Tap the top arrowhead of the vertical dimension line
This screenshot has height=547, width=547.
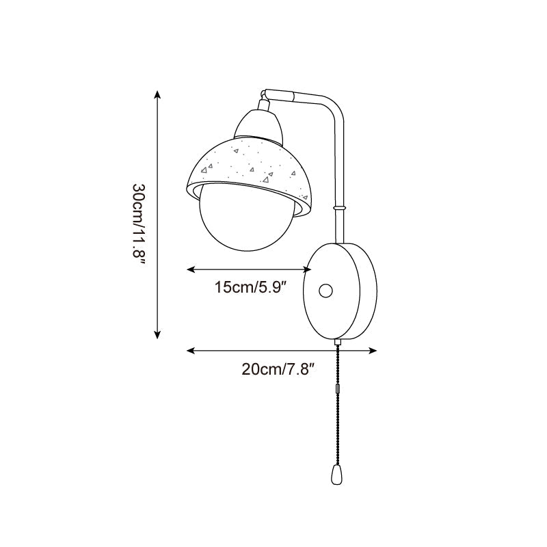157,94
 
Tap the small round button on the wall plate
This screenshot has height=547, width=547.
325,292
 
